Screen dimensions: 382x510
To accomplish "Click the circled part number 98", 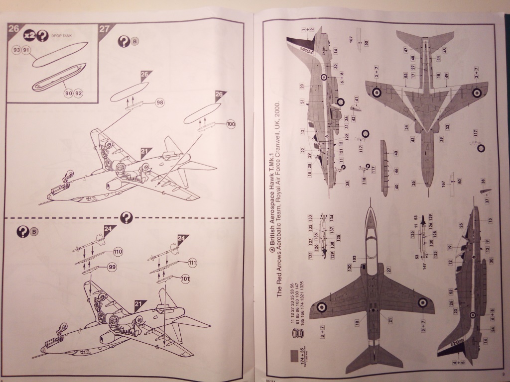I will click(160, 102).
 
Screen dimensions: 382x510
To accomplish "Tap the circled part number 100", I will click(230, 124).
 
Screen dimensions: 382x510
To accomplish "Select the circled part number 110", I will click(118, 252).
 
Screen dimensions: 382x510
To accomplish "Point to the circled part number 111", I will click(193, 262).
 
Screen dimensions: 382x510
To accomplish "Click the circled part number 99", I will click(111, 268).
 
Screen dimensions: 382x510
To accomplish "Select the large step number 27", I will click(104, 28).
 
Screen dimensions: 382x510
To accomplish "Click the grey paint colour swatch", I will click(294, 356).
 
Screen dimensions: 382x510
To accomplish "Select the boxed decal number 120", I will click(350, 267).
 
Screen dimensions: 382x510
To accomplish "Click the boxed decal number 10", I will click(357, 323).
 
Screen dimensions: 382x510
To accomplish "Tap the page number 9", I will click(504, 375).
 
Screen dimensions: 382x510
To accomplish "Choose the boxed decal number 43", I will click(413, 139).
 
